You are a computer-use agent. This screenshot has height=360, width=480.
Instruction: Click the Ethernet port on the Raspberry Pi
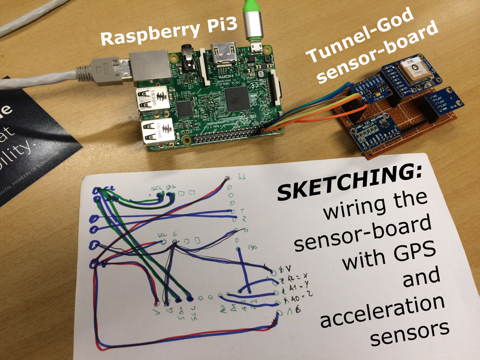[149, 67]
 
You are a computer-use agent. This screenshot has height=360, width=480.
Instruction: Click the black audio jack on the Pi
[191, 57]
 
